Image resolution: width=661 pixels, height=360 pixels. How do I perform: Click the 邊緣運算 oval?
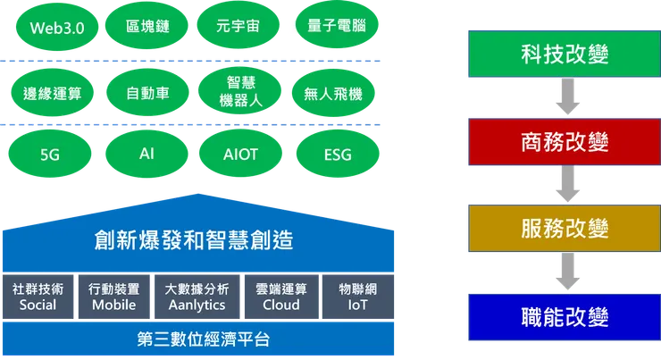pos(51,92)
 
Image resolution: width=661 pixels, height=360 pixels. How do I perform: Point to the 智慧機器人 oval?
pos(239,92)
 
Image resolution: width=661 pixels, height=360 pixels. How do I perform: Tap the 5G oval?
pos(51,155)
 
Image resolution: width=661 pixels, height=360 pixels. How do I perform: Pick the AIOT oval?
pos(239,155)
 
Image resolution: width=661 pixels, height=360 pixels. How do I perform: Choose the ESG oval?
pos(336,155)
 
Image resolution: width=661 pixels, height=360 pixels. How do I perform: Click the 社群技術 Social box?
pos(38,297)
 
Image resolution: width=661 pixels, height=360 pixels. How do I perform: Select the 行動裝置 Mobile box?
pos(114,297)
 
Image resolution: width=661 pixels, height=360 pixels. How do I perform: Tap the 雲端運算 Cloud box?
pos(280,297)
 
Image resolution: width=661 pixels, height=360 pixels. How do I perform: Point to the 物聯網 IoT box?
pos(357,297)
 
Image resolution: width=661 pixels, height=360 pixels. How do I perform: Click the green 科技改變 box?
pos(564,54)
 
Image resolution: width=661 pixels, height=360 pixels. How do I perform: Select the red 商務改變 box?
pos(564,141)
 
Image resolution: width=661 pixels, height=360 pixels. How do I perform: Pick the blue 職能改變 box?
pos(564,316)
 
